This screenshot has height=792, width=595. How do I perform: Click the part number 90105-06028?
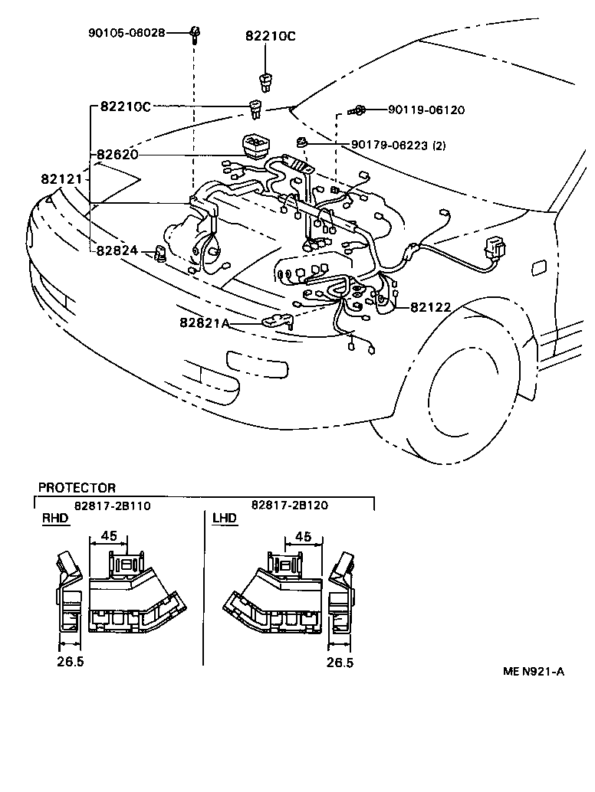pos(126,33)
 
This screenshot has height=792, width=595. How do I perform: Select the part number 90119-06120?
pos(426,110)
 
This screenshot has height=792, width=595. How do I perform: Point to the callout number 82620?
pos(117,155)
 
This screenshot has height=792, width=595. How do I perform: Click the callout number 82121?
pos(61,179)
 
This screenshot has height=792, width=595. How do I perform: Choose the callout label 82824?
pos(117,250)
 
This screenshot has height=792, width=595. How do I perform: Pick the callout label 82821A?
pos(205,323)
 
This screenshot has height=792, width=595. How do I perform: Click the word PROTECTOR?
pos(77,488)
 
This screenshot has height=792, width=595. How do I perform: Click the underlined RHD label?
pos(54,519)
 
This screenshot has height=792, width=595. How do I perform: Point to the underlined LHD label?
pos(224,519)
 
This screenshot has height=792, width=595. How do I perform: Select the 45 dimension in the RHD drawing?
pos(109,536)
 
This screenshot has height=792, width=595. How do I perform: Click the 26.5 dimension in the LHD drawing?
pos(339,663)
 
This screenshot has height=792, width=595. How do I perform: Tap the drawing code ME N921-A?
pos(534,672)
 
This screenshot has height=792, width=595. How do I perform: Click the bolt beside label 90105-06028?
pos(196,33)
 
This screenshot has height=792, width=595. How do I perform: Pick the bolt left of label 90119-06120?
pos(358,111)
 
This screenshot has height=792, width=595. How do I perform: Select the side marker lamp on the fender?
pos(538,267)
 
